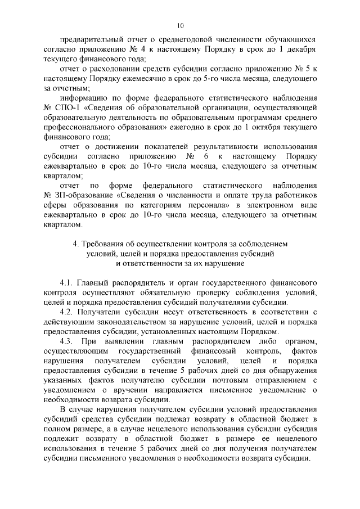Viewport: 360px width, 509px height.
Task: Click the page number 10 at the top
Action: click(x=180, y=25)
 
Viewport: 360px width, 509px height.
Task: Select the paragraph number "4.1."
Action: click(x=67, y=281)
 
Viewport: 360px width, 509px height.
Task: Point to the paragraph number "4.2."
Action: click(x=67, y=311)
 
